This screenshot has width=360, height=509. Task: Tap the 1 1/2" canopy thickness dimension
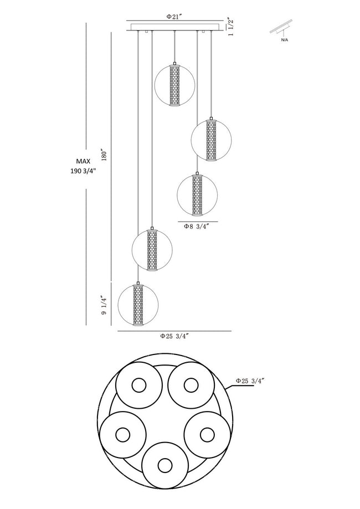[231, 27]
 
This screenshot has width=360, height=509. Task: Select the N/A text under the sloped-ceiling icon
[284, 40]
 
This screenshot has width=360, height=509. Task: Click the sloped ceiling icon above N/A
[281, 28]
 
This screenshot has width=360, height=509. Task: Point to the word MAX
[83, 161]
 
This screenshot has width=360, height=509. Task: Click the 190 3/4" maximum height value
[83, 171]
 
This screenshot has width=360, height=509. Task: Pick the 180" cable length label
[104, 155]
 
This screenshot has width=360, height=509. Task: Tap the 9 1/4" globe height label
[104, 305]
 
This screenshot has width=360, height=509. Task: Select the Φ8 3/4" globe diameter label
[196, 227]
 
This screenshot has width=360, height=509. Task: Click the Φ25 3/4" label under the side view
[174, 336]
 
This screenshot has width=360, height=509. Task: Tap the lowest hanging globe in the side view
[138, 305]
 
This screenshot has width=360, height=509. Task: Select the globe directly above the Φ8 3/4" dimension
[197, 195]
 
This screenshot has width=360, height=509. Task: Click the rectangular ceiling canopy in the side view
[176, 27]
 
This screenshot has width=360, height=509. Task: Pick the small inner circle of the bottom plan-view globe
[164, 466]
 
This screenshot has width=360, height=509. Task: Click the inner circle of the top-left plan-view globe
[139, 385]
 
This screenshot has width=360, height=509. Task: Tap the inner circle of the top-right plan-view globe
[191, 385]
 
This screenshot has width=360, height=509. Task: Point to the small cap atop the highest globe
[174, 63]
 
